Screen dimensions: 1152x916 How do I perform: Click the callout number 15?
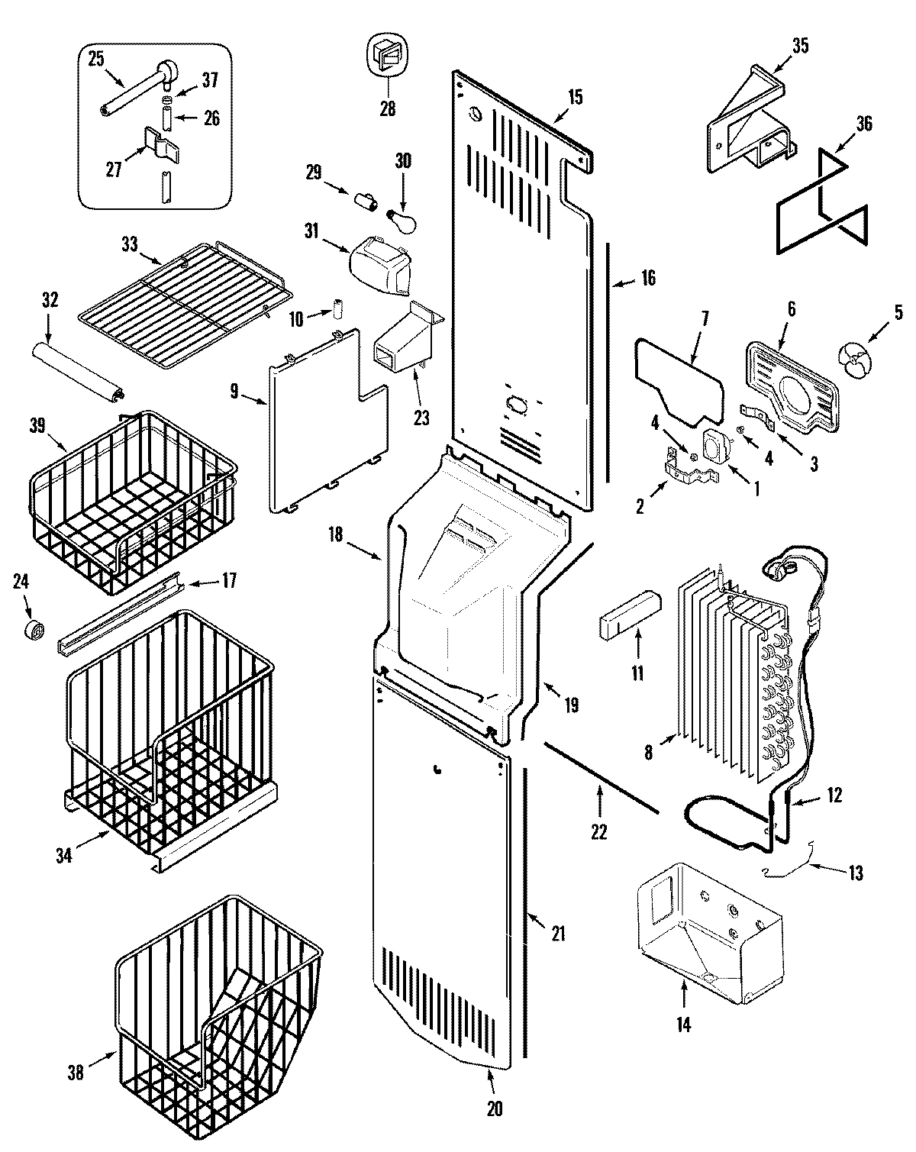click(x=575, y=97)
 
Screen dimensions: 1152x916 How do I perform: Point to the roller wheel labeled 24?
click(x=35, y=631)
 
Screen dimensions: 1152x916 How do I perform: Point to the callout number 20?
click(x=495, y=1108)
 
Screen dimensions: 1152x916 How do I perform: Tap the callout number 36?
click(x=864, y=123)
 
